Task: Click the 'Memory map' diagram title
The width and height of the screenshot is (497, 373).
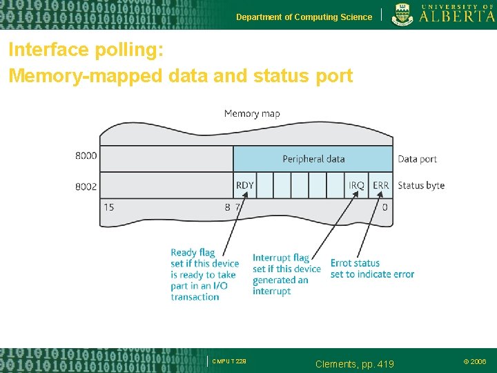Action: [252, 113]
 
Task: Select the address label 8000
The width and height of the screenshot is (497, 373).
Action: [86, 156]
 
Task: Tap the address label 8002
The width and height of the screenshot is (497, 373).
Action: [86, 186]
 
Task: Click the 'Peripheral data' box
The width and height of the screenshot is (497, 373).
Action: [313, 159]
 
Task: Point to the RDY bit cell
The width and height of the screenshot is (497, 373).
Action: [245, 185]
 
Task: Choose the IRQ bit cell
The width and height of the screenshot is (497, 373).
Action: [356, 185]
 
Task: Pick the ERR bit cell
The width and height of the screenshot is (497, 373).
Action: [381, 185]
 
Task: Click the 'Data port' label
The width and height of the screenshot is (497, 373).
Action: [417, 159]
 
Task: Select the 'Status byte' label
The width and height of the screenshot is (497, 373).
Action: [421, 185]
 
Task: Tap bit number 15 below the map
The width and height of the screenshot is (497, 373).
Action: [108, 207]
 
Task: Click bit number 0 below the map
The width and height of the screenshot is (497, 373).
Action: [384, 207]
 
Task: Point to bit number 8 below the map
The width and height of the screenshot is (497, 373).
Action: [227, 207]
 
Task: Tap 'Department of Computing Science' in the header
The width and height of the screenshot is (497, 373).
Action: [304, 17]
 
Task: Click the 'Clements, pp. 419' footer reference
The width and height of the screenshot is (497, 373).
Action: [354, 363]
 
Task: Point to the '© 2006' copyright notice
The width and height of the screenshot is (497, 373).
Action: [474, 361]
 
